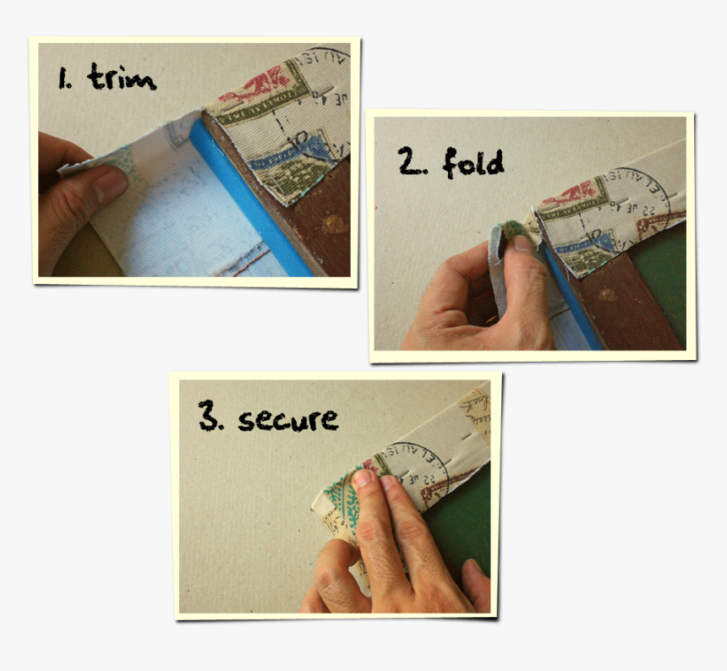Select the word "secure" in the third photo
click(x=288, y=418)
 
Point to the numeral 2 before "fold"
click(x=412, y=162)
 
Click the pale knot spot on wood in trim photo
click(x=334, y=224)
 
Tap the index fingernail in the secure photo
click(x=363, y=479)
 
